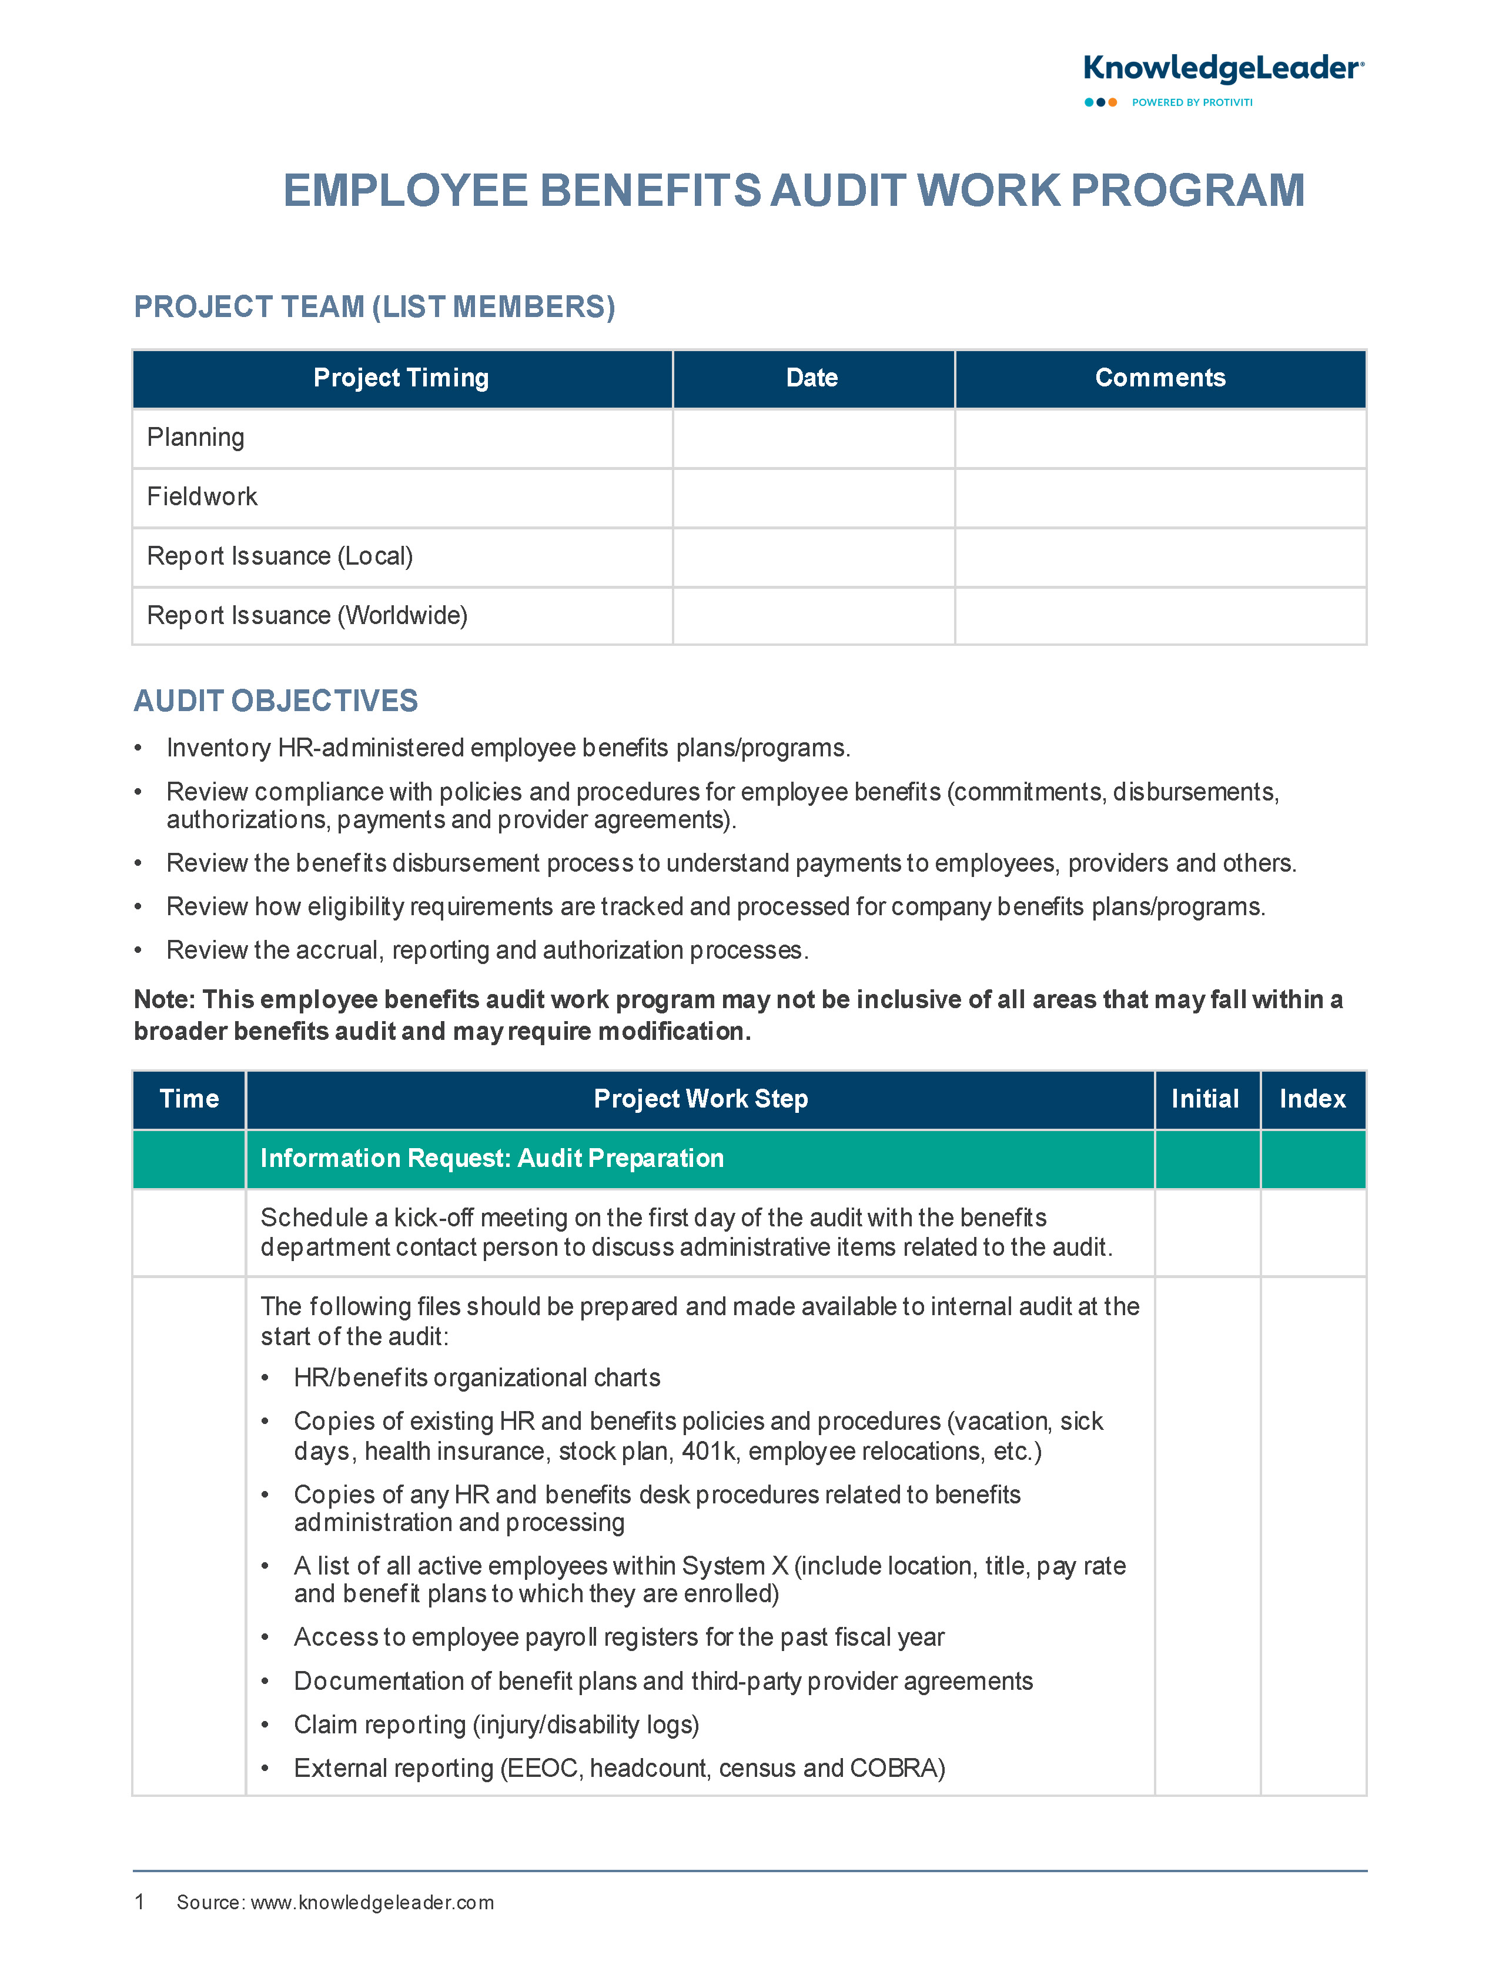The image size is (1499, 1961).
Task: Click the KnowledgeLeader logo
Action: pyautogui.click(x=1222, y=69)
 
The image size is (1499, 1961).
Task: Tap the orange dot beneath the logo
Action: pyautogui.click(x=1113, y=103)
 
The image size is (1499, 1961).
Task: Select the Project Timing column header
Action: pyautogui.click(x=401, y=378)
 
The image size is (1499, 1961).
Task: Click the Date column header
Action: pyautogui.click(x=812, y=378)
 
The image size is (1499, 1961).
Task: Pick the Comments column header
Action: pyautogui.click(x=1160, y=378)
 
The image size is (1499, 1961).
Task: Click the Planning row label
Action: pyautogui.click(x=195, y=438)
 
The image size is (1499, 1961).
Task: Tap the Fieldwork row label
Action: pyautogui.click(x=202, y=497)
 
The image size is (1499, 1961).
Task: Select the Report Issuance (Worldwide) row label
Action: pyautogui.click(x=307, y=616)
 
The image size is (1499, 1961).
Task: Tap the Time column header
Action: pyautogui.click(x=189, y=1099)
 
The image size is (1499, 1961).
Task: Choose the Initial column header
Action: pyautogui.click(x=1206, y=1099)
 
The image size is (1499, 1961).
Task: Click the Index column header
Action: pyautogui.click(x=1313, y=1099)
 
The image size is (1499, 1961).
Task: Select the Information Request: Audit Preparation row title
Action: pyautogui.click(x=491, y=1159)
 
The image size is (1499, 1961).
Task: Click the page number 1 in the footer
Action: pyautogui.click(x=139, y=1902)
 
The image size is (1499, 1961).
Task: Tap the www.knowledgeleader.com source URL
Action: pyautogui.click(x=372, y=1903)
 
